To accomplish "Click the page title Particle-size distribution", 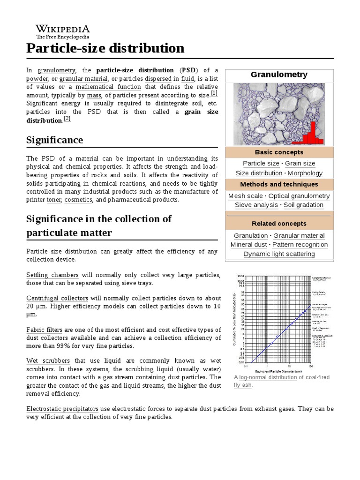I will (105, 48).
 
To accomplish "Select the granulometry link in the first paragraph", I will (56, 70).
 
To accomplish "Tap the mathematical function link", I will (108, 87).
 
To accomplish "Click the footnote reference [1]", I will (214, 93).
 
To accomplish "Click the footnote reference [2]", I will (67, 119).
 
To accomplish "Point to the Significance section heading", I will (55, 140).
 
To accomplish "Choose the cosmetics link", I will (78, 200).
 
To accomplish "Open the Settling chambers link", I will (52, 275).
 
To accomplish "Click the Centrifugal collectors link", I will (57, 298).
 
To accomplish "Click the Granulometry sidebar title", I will (279, 75).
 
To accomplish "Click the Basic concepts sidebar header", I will (279, 152).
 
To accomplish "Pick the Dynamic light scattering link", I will (279, 254).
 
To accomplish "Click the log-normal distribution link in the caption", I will (268, 378).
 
